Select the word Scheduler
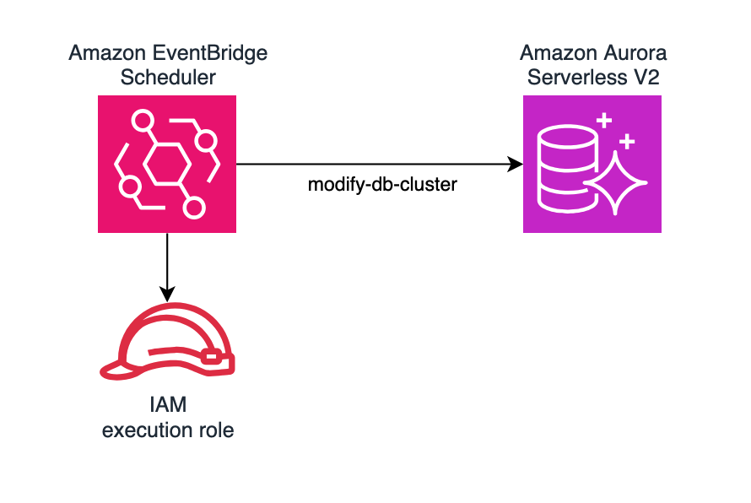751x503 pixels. (x=168, y=78)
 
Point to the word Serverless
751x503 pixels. (x=573, y=78)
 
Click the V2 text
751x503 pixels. (x=646, y=78)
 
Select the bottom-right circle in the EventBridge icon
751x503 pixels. (x=195, y=207)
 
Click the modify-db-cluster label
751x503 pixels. (x=382, y=185)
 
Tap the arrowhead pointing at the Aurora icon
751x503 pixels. (x=516, y=165)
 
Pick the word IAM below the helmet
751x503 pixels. (x=168, y=408)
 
